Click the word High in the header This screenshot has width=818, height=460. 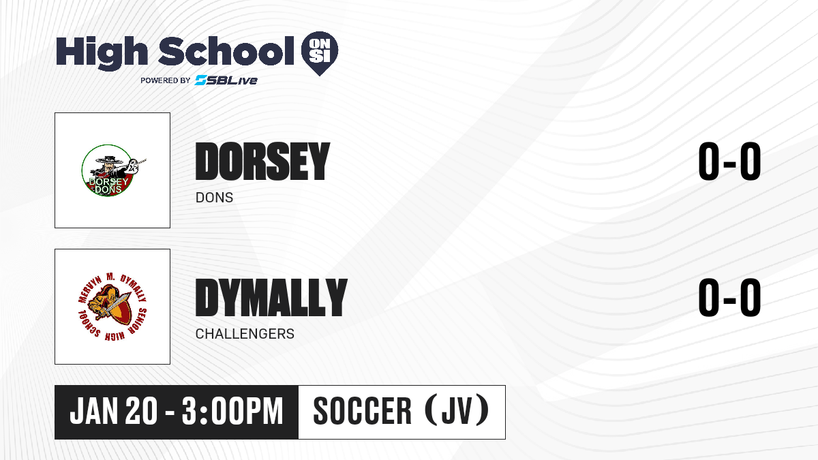coord(102,52)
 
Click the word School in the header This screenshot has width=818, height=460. coord(226,51)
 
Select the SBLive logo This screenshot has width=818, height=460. coord(226,80)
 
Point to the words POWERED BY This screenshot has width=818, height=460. coord(166,80)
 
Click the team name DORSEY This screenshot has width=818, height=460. coord(262,162)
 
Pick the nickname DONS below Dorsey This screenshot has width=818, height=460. coord(214,198)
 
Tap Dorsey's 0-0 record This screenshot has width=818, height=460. coord(729,162)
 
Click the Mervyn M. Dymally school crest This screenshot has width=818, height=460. coord(113,307)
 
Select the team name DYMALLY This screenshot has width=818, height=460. coord(271,298)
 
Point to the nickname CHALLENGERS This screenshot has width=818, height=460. coord(245,334)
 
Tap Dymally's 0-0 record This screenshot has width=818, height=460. coord(729,298)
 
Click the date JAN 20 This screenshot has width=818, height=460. coord(114,412)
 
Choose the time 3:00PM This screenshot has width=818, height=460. coord(232,412)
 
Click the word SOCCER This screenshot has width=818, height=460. coord(362,412)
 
